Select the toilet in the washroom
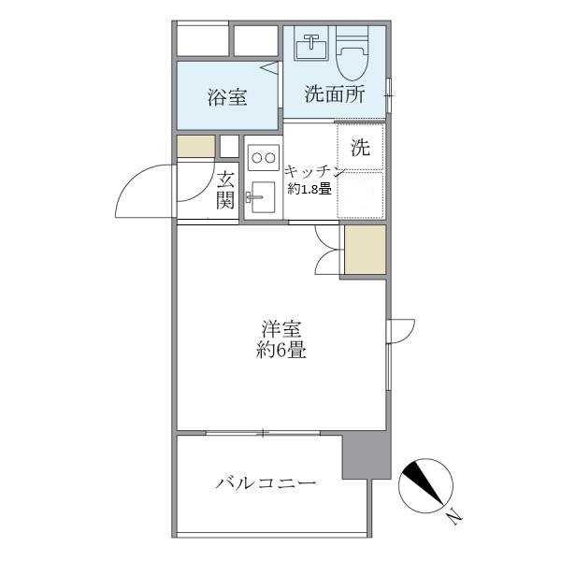tap(354, 53)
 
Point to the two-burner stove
tap(263, 156)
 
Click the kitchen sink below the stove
tap(261, 197)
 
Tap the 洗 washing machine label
tap(360, 147)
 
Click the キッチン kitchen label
tap(315, 171)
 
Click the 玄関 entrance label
tap(225, 190)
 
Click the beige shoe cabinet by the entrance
tap(195, 146)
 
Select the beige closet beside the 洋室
tap(365, 250)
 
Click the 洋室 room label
tap(281, 330)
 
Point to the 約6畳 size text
tap(281, 352)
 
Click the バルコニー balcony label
tap(266, 484)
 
